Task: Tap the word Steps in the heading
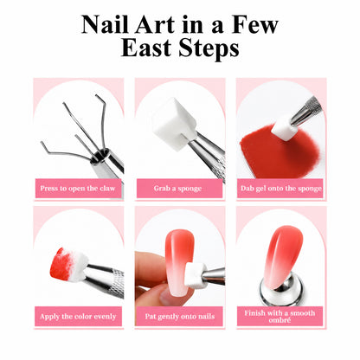(x=209, y=48)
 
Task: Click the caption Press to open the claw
(x=78, y=189)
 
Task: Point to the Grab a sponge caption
(x=177, y=189)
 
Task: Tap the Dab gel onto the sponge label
(x=281, y=189)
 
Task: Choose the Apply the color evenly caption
(x=78, y=317)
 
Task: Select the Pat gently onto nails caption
(x=180, y=317)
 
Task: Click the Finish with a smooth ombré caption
(x=280, y=317)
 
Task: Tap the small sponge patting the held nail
(x=195, y=274)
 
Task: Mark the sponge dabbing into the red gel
(x=284, y=128)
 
